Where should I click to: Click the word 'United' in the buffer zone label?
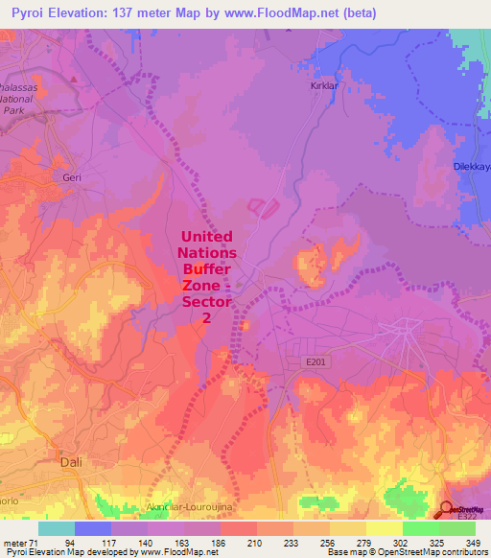(206, 235)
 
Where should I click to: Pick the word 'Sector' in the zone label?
(206, 304)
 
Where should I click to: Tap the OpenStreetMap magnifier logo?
(448, 509)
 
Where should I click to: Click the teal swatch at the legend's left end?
(57, 528)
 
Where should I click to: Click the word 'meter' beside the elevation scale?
(14, 544)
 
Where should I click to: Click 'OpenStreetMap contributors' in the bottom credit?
(438, 553)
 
